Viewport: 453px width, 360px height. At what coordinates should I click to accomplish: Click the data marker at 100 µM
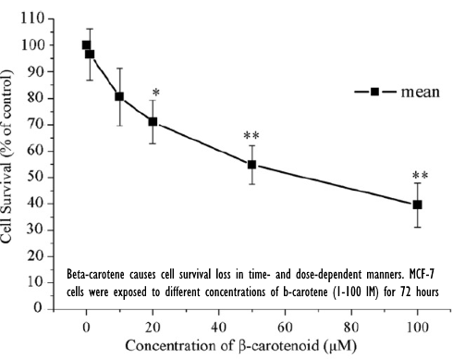(x=418, y=205)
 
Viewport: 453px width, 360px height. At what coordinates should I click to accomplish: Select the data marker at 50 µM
(x=251, y=165)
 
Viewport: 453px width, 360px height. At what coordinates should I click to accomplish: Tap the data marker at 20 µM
(x=153, y=121)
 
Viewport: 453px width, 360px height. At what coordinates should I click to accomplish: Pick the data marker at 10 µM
(x=119, y=96)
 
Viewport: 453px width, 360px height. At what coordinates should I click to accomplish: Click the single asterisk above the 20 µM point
(x=156, y=94)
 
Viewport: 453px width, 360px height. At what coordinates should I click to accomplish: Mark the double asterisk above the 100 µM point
(x=420, y=177)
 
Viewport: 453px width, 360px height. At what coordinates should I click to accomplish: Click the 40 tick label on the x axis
(x=218, y=327)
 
